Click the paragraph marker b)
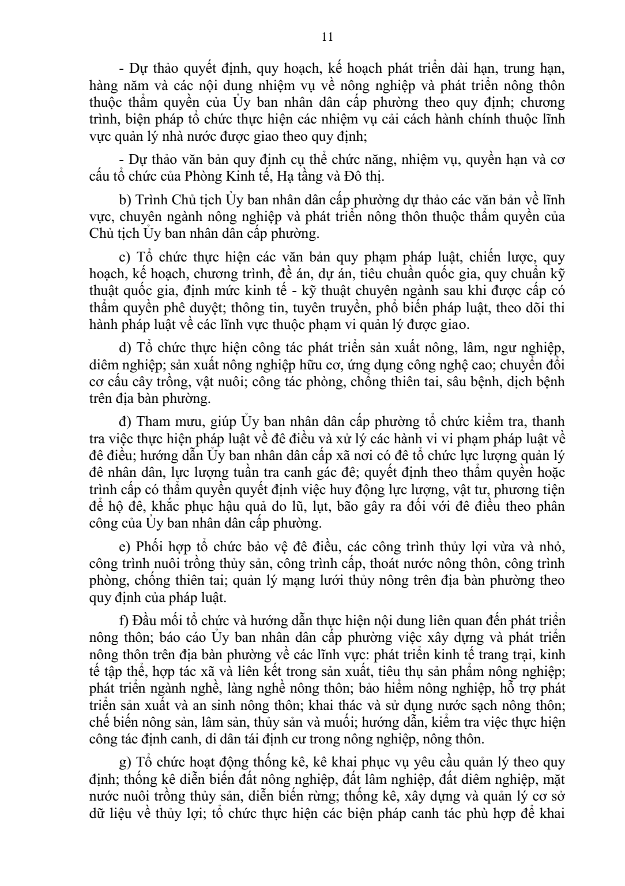point(125,200)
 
